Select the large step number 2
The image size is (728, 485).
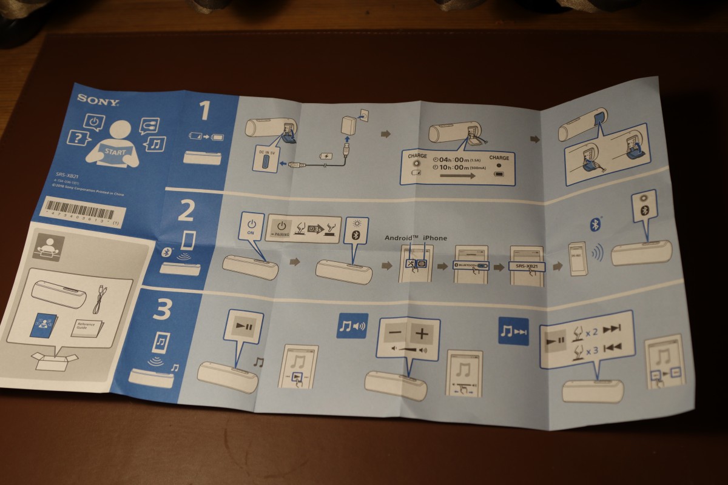(x=186, y=211)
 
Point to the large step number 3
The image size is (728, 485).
(x=163, y=310)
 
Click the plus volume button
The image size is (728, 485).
(x=423, y=333)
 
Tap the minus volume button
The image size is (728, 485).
(x=396, y=333)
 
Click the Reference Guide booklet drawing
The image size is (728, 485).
(x=86, y=327)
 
